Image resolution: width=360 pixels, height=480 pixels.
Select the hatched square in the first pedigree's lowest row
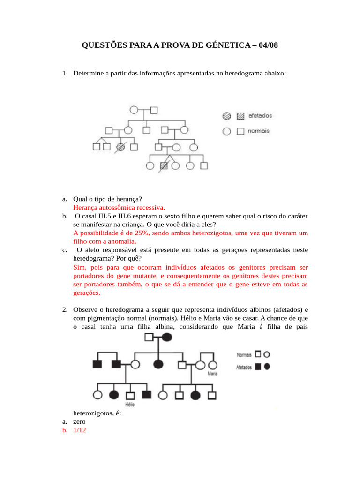coord(164,165)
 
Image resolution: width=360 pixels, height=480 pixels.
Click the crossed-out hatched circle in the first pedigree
coord(120,147)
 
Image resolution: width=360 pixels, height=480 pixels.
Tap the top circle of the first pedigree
coord(134,111)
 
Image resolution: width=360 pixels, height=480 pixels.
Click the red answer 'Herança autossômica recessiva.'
coord(119,207)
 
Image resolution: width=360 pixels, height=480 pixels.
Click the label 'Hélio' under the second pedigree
coord(130,404)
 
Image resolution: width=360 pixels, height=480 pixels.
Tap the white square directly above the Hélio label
coord(130,395)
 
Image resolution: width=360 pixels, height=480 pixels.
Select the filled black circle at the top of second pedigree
coord(166,337)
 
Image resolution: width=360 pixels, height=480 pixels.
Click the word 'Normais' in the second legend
coord(243,355)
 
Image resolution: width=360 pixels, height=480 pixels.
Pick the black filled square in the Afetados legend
coord(258,367)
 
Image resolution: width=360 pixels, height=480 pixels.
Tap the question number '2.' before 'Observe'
coord(65,310)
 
